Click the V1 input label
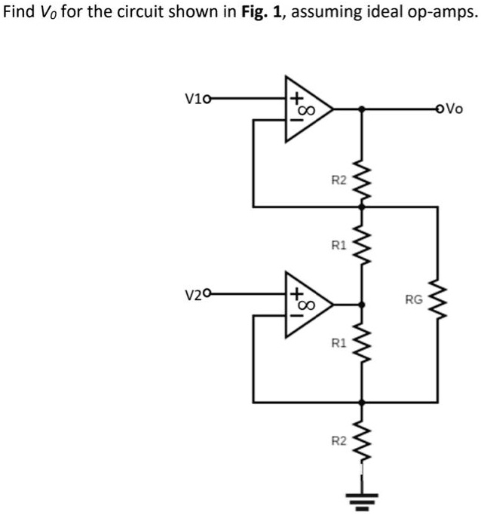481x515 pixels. (x=193, y=98)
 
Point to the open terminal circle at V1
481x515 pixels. (x=207, y=98)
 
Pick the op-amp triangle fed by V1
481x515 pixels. (x=306, y=109)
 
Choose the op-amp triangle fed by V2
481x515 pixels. (x=306, y=305)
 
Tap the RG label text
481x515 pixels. (x=413, y=300)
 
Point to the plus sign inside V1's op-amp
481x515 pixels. (x=297, y=98)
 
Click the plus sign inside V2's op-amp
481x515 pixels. (x=297, y=293)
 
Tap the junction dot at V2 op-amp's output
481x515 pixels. (x=363, y=305)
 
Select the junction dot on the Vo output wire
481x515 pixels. (x=363, y=109)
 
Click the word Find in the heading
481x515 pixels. (x=18, y=13)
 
